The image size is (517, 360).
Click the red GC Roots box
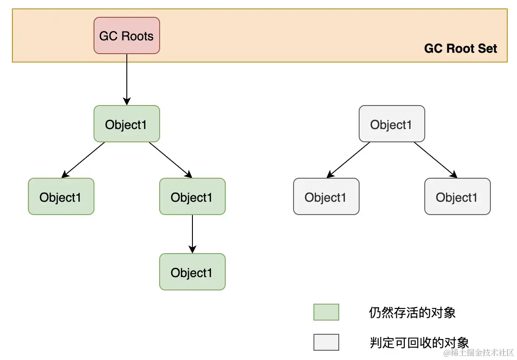[x=126, y=35]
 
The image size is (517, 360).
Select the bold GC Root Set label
[x=461, y=49]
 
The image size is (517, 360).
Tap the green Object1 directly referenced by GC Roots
[x=126, y=124]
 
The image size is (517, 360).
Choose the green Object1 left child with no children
[x=61, y=197]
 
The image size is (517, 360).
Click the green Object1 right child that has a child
[x=192, y=197]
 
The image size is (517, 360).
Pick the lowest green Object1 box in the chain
[x=192, y=272]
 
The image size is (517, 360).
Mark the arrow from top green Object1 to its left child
[x=83, y=160]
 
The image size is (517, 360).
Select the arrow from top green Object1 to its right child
[x=170, y=160]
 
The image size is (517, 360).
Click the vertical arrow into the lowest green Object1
[x=192, y=234]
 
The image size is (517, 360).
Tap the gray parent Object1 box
[x=392, y=124]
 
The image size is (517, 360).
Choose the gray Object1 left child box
[x=326, y=197]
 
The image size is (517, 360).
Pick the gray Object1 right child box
[x=457, y=197]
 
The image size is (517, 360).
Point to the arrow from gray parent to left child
[x=349, y=160]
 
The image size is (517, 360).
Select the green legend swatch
[x=326, y=312]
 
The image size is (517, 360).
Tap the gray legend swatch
[x=326, y=342]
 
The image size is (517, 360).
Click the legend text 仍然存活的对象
[x=412, y=313]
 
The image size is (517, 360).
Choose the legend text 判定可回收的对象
[x=419, y=342]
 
